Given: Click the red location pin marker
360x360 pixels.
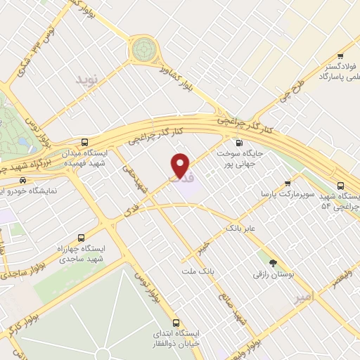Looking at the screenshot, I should tap(181, 165).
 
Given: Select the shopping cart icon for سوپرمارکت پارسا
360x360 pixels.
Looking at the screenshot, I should tap(288, 181).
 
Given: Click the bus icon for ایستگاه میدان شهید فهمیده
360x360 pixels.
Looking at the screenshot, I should tap(86, 141).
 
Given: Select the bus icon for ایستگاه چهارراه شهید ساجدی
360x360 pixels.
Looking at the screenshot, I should tap(81, 238).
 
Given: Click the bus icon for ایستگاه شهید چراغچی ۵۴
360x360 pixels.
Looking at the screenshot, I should tap(341, 186).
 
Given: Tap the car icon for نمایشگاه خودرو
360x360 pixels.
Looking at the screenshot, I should tap(23, 181).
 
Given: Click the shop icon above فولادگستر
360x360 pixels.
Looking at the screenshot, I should tap(340, 56).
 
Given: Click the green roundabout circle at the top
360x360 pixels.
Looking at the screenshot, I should tap(145, 49).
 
